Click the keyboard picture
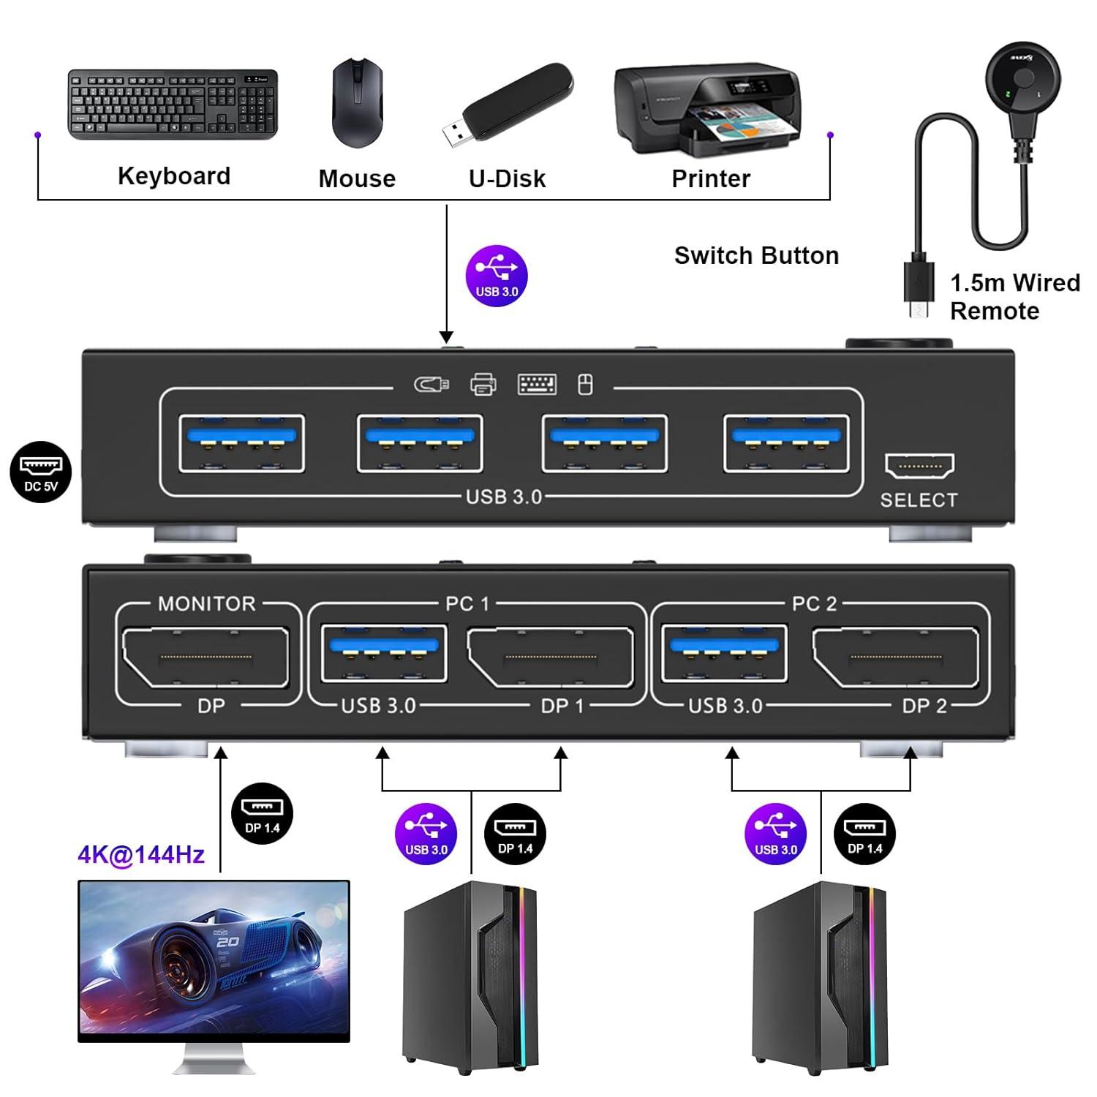(x=173, y=104)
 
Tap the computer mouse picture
(x=358, y=104)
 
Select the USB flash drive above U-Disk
(x=508, y=103)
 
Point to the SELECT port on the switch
(x=919, y=465)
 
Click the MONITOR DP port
(x=206, y=657)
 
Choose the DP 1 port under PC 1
(x=551, y=657)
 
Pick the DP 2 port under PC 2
(x=895, y=657)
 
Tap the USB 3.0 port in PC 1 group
(x=384, y=653)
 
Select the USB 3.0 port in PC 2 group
(x=724, y=653)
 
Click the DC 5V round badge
(x=41, y=472)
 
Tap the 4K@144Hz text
(x=141, y=854)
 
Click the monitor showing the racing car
(x=214, y=960)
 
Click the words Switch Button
(x=756, y=256)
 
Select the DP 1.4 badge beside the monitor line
(x=262, y=814)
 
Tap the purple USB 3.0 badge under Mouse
(x=497, y=276)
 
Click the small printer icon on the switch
(x=483, y=384)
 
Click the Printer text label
(x=711, y=178)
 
